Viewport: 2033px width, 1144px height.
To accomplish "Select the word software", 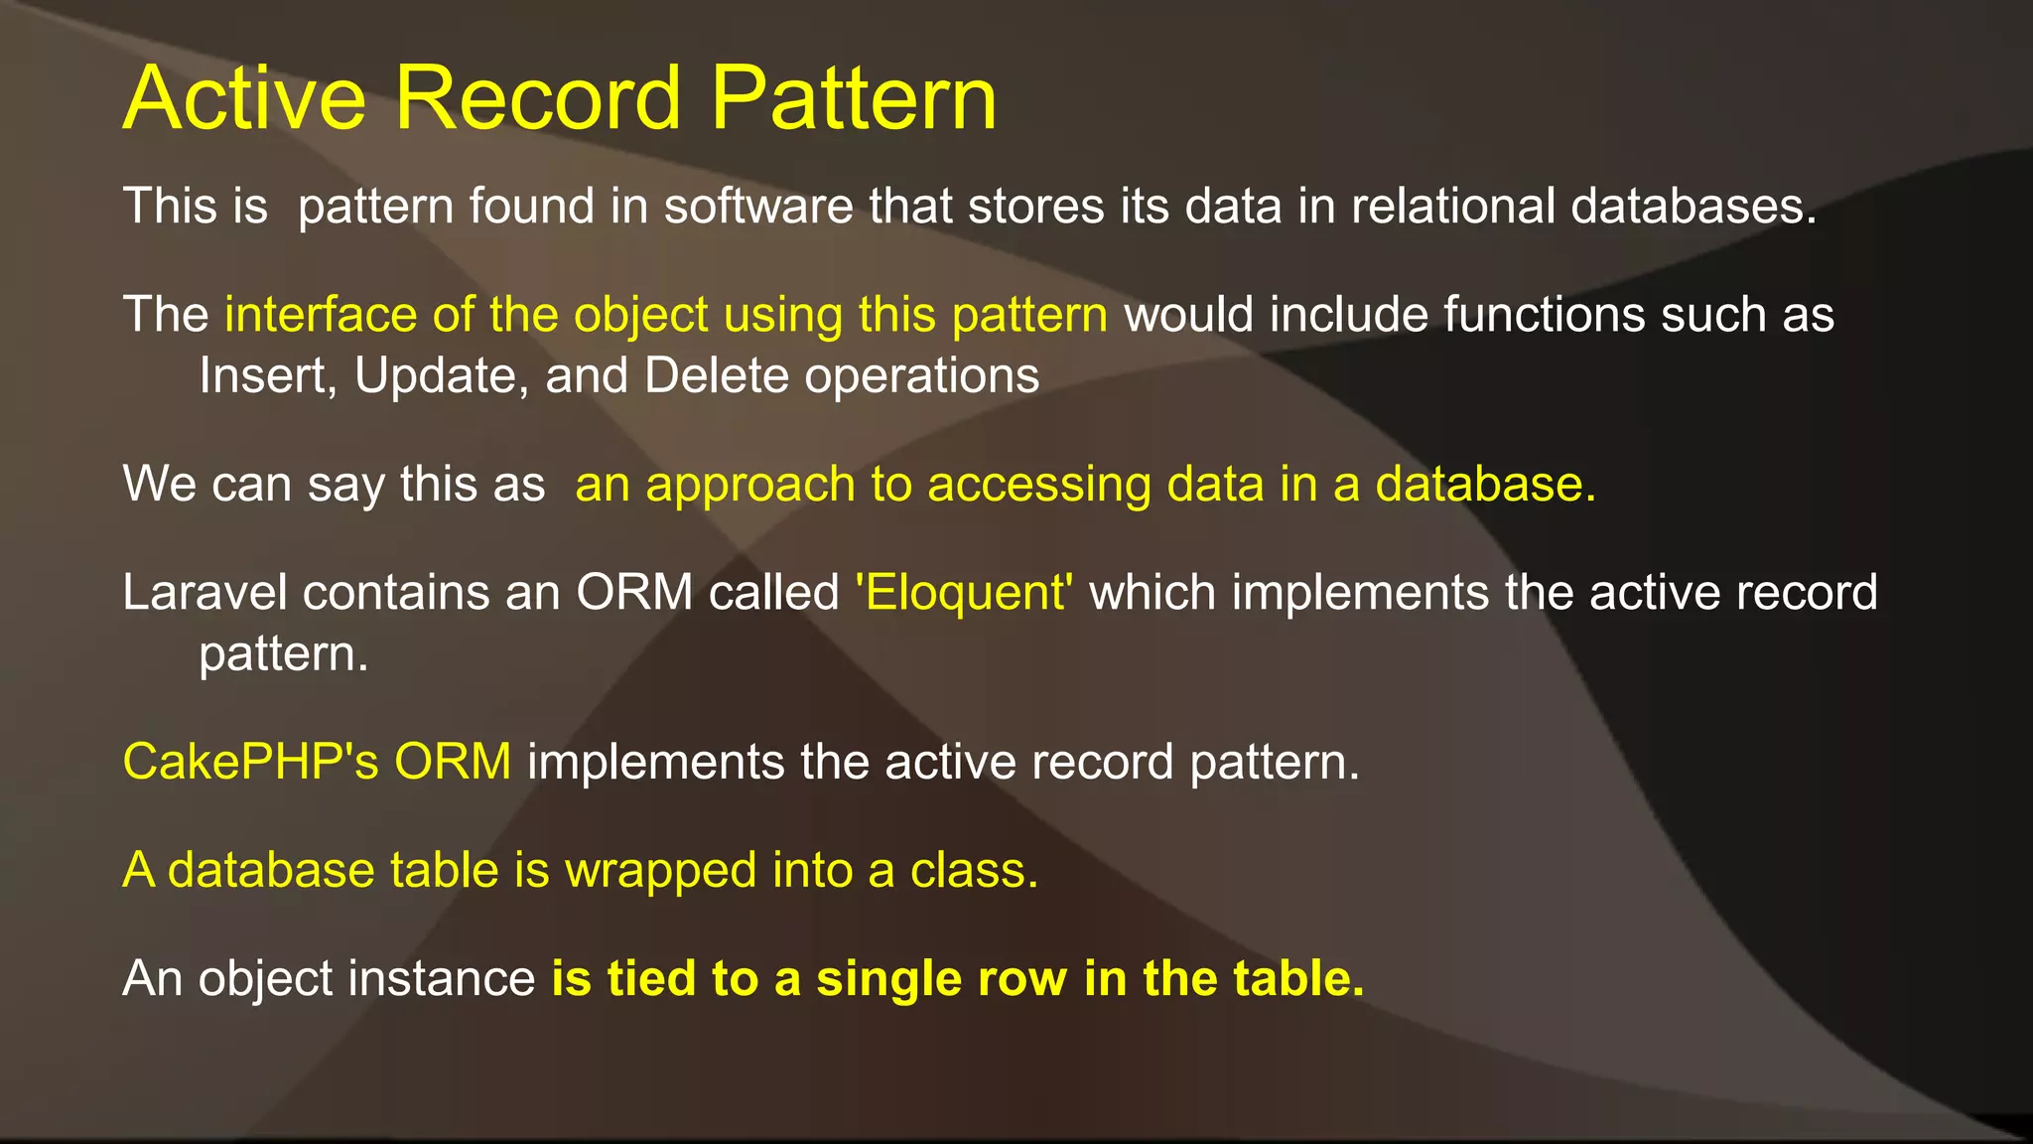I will tap(758, 207).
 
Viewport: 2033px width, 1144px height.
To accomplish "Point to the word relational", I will tap(1452, 207).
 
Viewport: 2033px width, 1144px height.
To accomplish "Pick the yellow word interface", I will tap(321, 315).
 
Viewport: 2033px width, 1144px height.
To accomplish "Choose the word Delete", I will tap(716, 375).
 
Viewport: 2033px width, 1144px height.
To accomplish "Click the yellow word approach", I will tap(750, 486).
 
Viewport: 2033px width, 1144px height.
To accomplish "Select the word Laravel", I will tap(204, 593).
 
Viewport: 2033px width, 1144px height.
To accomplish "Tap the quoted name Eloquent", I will tap(964, 593).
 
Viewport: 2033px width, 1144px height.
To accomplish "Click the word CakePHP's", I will tap(250, 762).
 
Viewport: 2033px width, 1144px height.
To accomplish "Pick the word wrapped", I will tap(660, 871).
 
